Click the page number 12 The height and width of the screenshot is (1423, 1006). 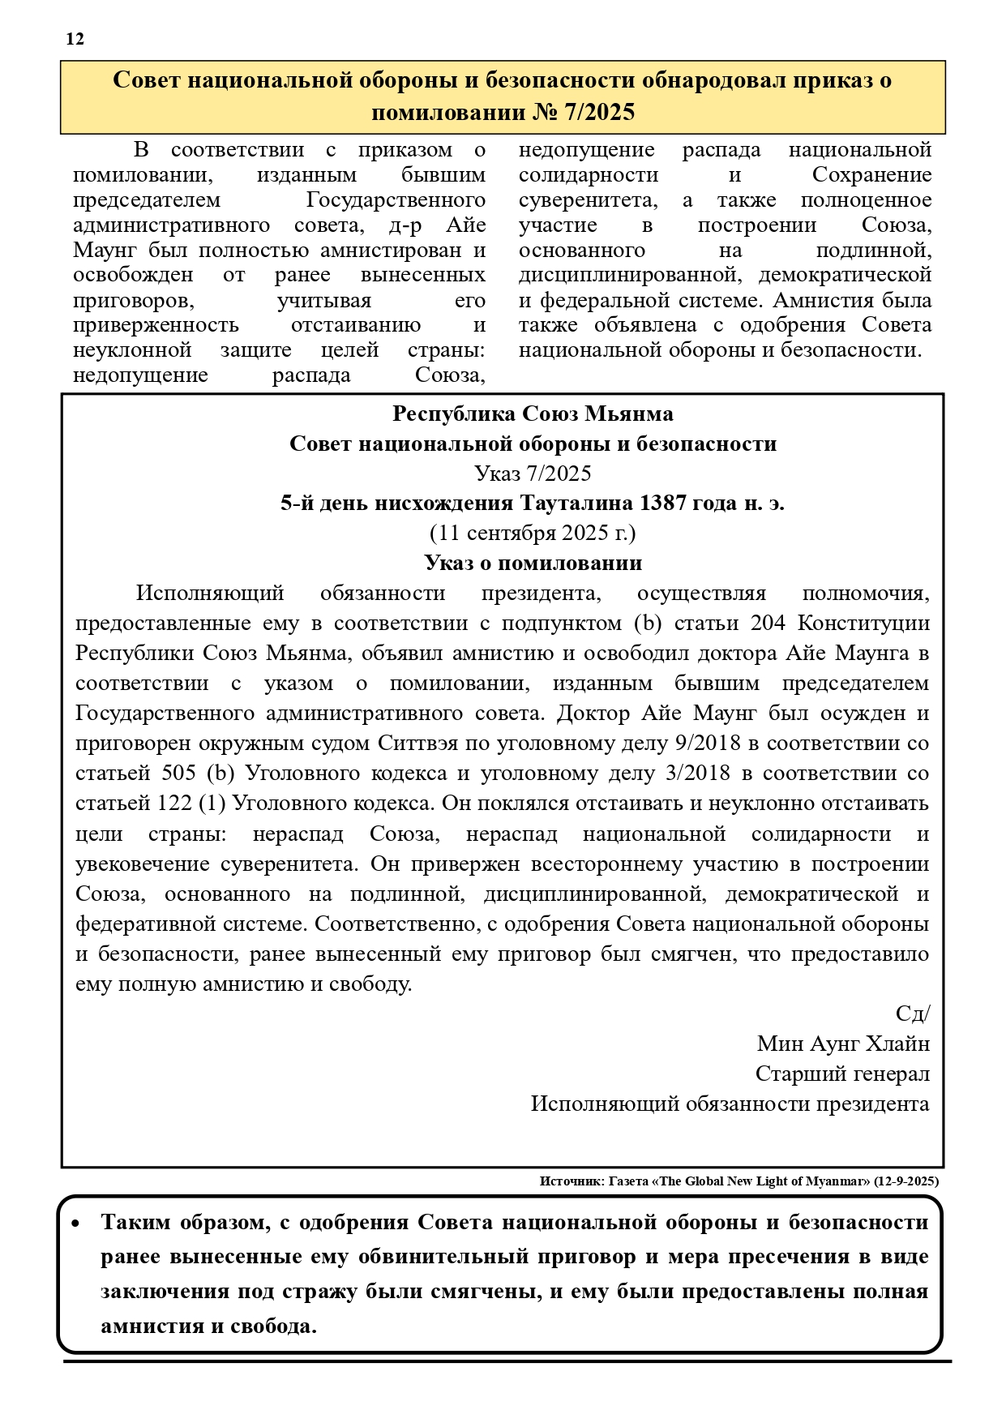(x=75, y=39)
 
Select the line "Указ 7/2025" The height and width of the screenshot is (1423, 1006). (x=533, y=474)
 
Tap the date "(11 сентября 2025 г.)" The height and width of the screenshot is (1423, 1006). (x=533, y=534)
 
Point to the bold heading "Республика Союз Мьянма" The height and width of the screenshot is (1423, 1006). (x=533, y=414)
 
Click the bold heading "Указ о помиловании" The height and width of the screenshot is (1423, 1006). (x=533, y=563)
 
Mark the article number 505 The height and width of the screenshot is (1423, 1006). (x=179, y=774)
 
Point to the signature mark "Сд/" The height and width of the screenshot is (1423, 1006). (x=913, y=1014)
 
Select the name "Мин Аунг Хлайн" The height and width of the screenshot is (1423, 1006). (x=843, y=1044)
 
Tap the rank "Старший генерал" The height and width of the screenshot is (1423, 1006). (x=842, y=1074)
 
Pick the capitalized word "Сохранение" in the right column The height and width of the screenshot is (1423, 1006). (x=871, y=175)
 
